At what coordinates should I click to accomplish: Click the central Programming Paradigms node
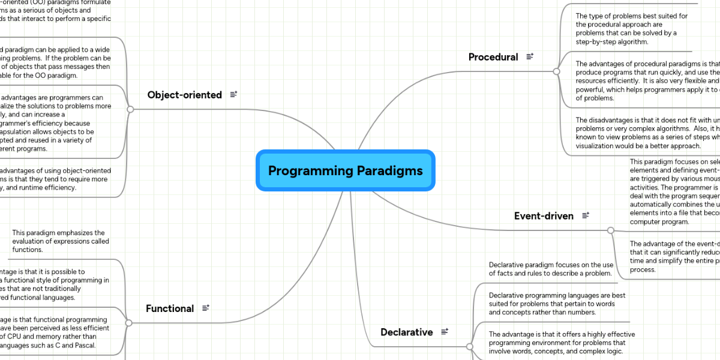pyautogui.click(x=345, y=170)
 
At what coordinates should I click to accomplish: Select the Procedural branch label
pyautogui.click(x=493, y=57)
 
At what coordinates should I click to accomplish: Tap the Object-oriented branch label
pyautogui.click(x=184, y=95)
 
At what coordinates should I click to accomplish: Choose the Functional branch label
pyautogui.click(x=170, y=308)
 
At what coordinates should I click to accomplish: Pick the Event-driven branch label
pyautogui.click(x=544, y=215)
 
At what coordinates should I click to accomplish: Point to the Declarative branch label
pyautogui.click(x=406, y=332)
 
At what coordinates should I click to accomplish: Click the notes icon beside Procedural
pyautogui.click(x=530, y=56)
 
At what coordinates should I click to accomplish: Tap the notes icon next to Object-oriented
pyautogui.click(x=233, y=94)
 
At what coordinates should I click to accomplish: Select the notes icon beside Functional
pyautogui.click(x=206, y=308)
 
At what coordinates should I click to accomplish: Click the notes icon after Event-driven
pyautogui.click(x=585, y=215)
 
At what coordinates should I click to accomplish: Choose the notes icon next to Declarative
pyautogui.click(x=445, y=331)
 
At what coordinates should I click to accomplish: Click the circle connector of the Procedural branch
pyautogui.click(x=556, y=71)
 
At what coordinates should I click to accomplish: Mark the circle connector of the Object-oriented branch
pyautogui.click(x=130, y=109)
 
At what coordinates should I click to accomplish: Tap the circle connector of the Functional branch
pyautogui.click(x=128, y=323)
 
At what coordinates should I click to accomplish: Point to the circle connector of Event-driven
pyautogui.click(x=611, y=230)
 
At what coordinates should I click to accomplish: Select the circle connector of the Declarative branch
pyautogui.click(x=470, y=346)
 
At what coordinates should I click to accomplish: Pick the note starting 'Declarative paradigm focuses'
pyautogui.click(x=551, y=269)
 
